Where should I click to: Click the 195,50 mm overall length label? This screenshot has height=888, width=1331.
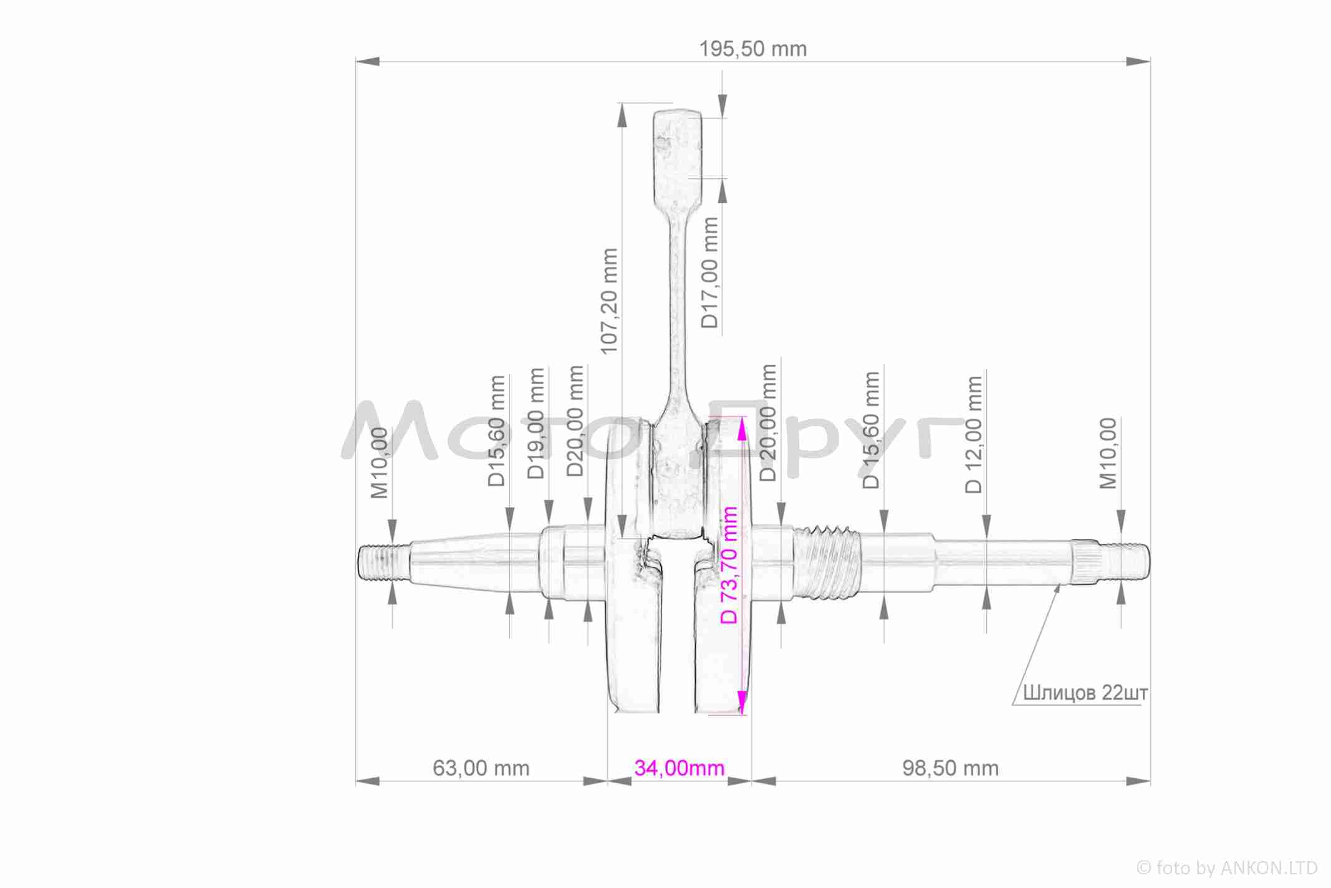[x=752, y=49]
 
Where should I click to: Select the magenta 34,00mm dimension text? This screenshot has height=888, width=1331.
[x=680, y=768]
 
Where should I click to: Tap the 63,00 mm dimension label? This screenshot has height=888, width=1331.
[x=481, y=768]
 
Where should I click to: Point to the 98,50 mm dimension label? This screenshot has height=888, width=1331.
[x=950, y=768]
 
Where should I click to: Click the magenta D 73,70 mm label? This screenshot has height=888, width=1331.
[x=729, y=565]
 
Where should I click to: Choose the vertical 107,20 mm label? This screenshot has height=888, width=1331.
[x=609, y=301]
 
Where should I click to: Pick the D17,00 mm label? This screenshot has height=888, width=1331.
[x=709, y=273]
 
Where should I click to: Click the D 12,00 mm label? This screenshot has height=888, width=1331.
[x=974, y=435]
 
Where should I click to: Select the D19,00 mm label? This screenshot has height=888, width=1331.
[x=536, y=423]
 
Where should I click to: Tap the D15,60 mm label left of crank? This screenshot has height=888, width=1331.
[x=496, y=431]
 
